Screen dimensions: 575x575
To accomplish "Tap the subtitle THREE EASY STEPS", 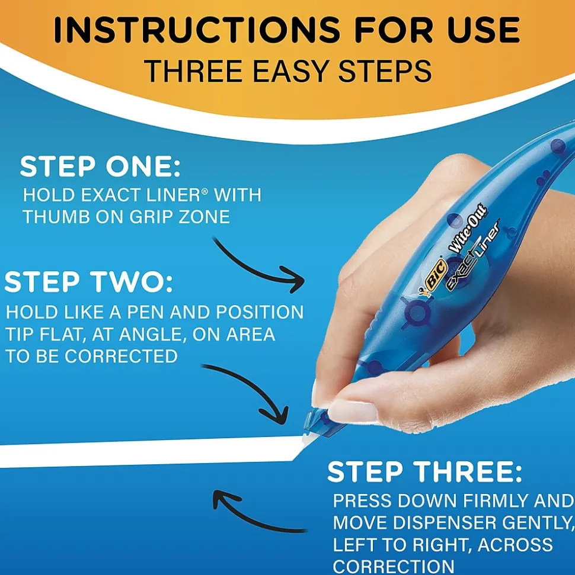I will click(x=287, y=71).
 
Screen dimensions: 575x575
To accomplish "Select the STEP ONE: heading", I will click(x=100, y=168).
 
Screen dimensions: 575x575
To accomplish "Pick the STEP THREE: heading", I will click(x=424, y=472).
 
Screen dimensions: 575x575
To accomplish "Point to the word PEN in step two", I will click(x=171, y=312).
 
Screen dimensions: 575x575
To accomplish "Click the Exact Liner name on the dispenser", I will click(x=473, y=255).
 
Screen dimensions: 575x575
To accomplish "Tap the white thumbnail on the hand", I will click(x=352, y=410).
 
